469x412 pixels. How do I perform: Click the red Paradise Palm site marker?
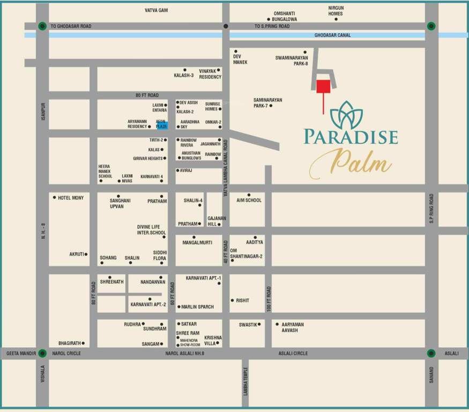tap(323, 86)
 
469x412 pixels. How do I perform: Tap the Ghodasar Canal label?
tap(332, 35)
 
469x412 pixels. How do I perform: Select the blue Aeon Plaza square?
tap(162, 124)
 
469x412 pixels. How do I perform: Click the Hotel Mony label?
tap(71, 198)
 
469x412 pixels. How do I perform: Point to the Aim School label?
tap(249, 200)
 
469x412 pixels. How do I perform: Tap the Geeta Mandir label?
tap(21, 354)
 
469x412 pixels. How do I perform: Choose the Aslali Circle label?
tap(293, 354)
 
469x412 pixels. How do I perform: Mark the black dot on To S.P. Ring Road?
tap(226, 26)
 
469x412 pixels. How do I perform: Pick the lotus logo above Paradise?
tap(346, 115)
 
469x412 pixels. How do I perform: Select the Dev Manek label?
tap(240, 59)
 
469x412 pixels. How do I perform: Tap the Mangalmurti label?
tap(197, 243)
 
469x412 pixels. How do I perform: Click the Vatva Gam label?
tap(157, 10)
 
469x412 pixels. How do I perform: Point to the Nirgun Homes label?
tap(336, 11)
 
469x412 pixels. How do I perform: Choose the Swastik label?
tap(249, 325)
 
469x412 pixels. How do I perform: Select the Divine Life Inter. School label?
tap(151, 230)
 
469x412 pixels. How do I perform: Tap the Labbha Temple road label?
tap(245, 381)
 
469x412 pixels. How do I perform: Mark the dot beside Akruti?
tap(86, 254)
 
